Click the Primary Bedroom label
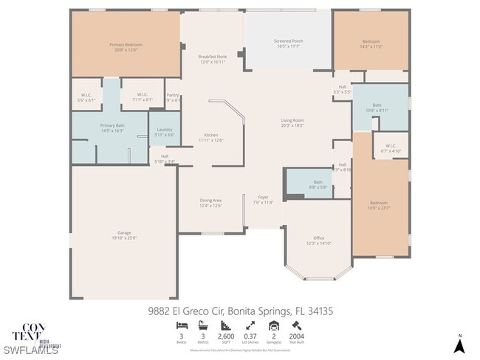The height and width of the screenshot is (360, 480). [126, 45]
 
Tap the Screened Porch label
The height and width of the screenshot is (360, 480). [288, 41]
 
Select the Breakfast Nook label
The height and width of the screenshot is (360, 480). [212, 57]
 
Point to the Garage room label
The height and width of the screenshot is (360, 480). [124, 235]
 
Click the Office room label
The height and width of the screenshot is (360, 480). [319, 238]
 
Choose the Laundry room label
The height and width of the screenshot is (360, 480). [165, 130]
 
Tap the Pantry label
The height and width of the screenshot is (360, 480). [173, 95]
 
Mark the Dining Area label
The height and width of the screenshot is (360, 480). [211, 200]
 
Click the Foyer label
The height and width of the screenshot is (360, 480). [263, 198]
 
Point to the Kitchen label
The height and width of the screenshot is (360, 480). [211, 135]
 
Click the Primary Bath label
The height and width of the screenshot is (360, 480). [112, 126]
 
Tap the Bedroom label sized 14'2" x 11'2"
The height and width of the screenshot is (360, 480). [371, 41]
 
